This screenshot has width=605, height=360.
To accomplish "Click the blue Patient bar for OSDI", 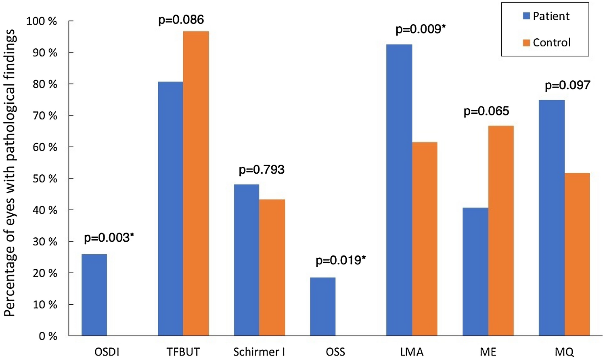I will pos(94,295).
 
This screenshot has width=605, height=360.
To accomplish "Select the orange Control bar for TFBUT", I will pos(196,184).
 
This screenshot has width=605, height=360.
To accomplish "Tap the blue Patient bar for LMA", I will pos(399,190).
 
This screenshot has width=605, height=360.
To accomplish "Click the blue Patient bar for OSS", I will pos(323,307).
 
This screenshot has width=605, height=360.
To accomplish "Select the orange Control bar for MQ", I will pos(577,254).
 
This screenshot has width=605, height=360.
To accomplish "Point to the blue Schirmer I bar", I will pos(247,260).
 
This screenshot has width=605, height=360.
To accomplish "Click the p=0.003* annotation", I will pos(109,238).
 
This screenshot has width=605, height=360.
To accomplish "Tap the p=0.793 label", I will pos(262,170).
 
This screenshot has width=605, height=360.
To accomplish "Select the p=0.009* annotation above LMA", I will pos(421,29).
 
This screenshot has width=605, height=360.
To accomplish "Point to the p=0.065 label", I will pos(486,111).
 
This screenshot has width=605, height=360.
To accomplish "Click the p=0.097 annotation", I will pos(567,85).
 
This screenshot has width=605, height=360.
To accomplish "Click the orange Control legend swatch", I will pos(526,43).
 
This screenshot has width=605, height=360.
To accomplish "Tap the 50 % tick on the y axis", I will pos(45,179).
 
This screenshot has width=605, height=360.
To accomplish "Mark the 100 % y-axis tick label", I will pos(42,21).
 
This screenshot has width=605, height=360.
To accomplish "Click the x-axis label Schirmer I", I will pos(259,352).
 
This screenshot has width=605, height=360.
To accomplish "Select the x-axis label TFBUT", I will pos(183,352).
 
